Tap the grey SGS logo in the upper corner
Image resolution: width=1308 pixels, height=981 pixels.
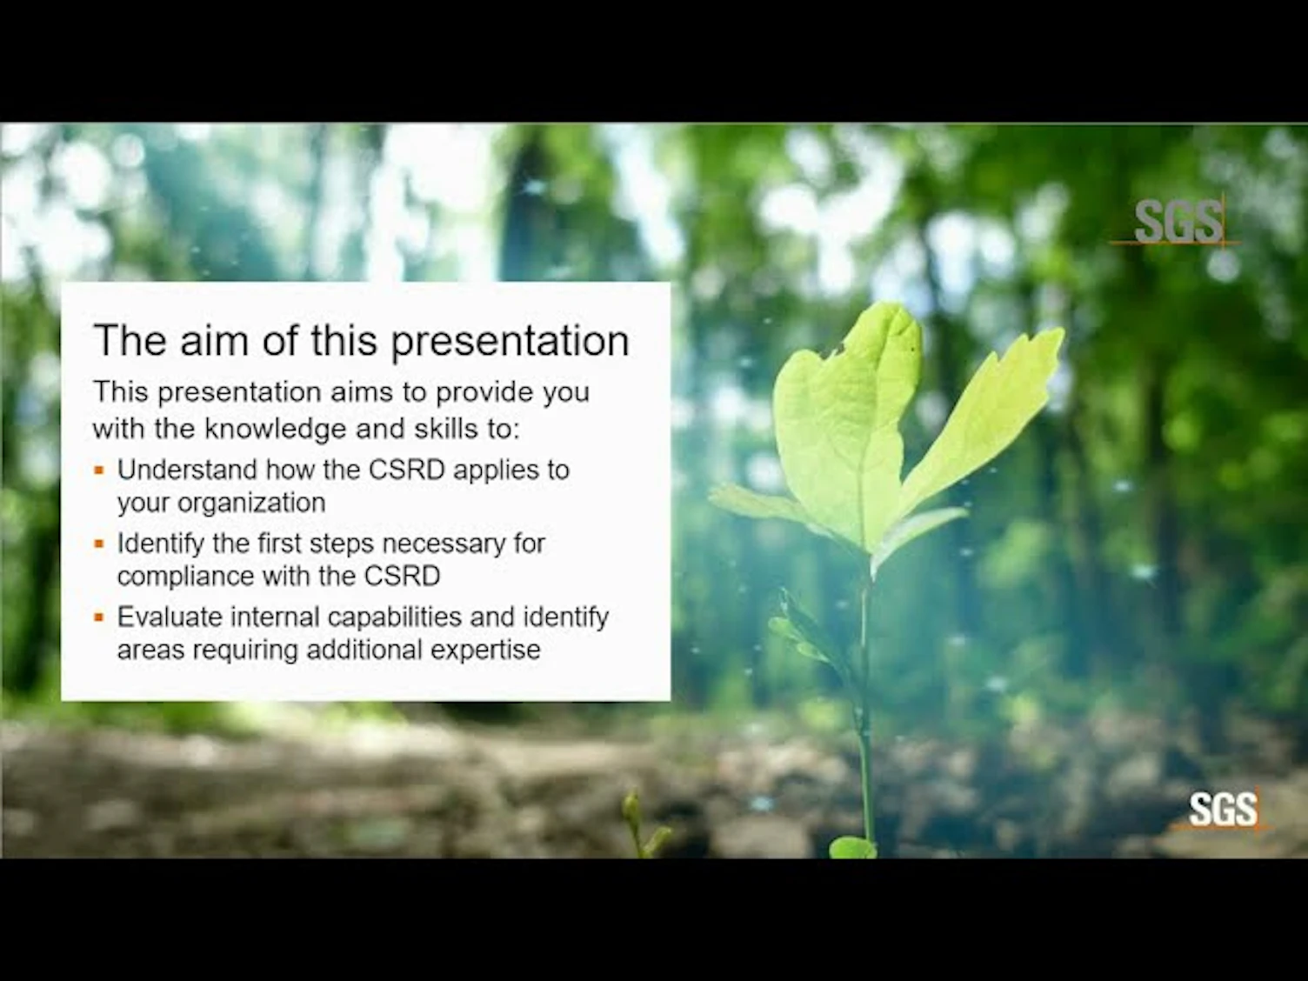[x=1178, y=222]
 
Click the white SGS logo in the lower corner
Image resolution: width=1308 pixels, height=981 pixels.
[x=1223, y=810]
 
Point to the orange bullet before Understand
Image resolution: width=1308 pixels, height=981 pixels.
[x=99, y=470]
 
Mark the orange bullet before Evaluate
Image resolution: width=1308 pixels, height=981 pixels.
[x=99, y=617]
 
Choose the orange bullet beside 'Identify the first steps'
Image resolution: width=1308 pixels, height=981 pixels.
[x=99, y=544]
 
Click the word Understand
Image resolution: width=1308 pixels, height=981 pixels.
[x=187, y=470]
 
